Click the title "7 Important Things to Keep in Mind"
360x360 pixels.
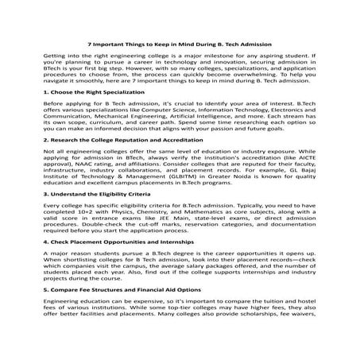tap(180, 45)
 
